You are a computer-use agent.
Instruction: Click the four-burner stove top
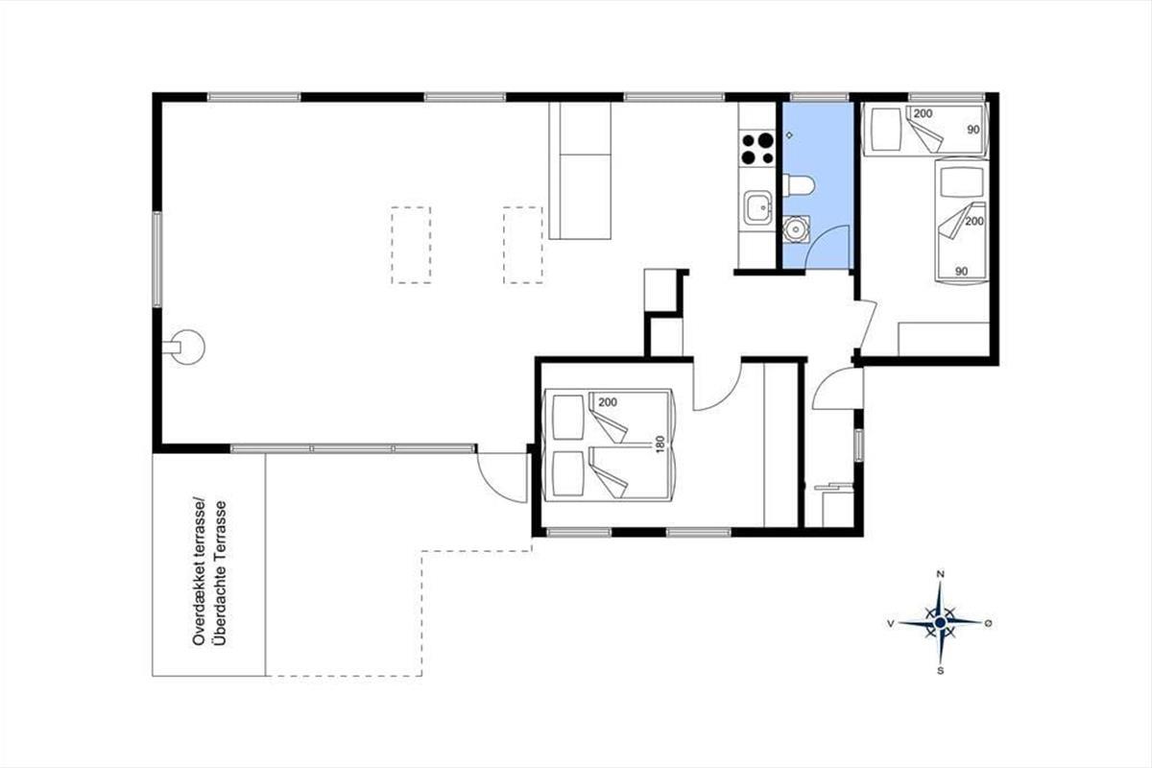(x=757, y=149)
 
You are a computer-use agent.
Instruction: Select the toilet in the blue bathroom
(x=798, y=184)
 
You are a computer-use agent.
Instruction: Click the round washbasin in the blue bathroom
(x=797, y=228)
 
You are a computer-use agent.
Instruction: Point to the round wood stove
(x=186, y=348)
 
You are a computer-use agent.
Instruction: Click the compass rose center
(x=940, y=623)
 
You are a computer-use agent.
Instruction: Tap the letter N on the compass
(x=941, y=574)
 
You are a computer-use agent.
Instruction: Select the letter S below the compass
(x=941, y=671)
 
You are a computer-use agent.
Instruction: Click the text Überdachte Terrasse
(x=221, y=572)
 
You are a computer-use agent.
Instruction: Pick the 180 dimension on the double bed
(x=660, y=444)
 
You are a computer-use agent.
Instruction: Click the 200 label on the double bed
(x=608, y=402)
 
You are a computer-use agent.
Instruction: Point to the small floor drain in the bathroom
(x=789, y=135)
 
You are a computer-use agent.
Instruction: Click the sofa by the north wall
(x=580, y=170)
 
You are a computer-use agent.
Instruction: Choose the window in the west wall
(x=156, y=260)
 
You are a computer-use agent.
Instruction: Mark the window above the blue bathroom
(x=819, y=97)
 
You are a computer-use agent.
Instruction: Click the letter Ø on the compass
(x=988, y=623)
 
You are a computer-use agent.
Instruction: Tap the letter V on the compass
(x=890, y=623)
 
